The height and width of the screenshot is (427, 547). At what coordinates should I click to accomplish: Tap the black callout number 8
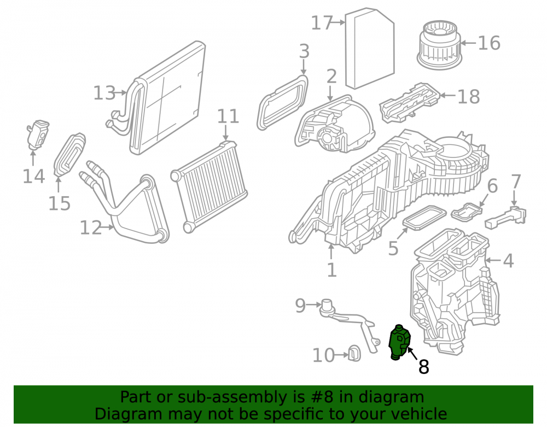pyautogui.click(x=423, y=367)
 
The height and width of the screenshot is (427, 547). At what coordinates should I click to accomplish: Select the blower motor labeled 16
pyautogui.click(x=439, y=45)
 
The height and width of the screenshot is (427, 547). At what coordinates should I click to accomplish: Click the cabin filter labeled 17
pyautogui.click(x=370, y=48)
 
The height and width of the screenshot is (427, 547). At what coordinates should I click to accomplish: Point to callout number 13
pyautogui.click(x=104, y=93)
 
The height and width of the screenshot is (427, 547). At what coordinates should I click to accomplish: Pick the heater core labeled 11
pyautogui.click(x=210, y=187)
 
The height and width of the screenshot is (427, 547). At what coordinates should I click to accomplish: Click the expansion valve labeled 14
pyautogui.click(x=37, y=134)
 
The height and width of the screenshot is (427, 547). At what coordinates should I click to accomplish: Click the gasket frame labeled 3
pyautogui.click(x=283, y=102)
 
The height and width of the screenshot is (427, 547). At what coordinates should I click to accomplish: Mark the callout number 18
pyautogui.click(x=469, y=97)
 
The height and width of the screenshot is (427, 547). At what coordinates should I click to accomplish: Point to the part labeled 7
pyautogui.click(x=505, y=218)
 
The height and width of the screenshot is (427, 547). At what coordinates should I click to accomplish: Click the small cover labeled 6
pyautogui.click(x=466, y=212)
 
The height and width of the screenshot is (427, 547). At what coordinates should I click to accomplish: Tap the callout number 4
pyautogui.click(x=508, y=261)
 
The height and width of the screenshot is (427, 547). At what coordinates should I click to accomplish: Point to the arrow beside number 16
pyautogui.click(x=468, y=43)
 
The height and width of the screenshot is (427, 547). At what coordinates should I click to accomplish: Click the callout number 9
pyautogui.click(x=300, y=305)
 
